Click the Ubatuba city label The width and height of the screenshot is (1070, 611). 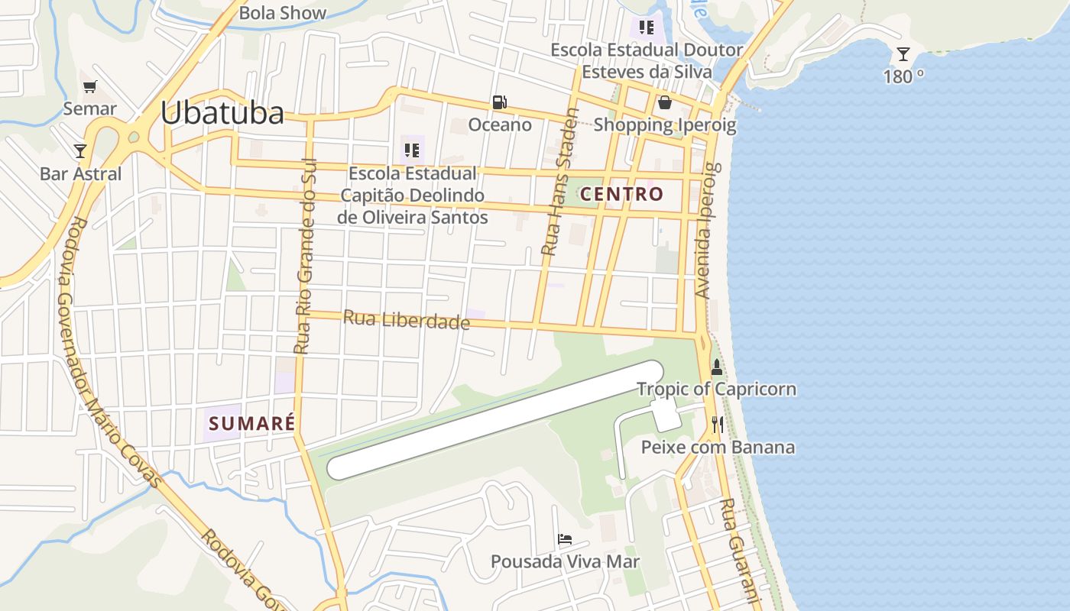tap(222, 113)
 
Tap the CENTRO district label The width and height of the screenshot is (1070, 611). tap(622, 194)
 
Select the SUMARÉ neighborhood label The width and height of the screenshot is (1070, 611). tap(252, 422)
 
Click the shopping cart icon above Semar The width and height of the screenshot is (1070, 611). tap(90, 87)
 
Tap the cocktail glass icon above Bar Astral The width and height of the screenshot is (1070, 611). tap(80, 150)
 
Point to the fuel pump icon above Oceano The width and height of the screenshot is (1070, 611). tap(499, 102)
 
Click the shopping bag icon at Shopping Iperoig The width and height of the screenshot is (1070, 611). tap(665, 102)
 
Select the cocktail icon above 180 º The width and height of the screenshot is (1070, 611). tap(903, 54)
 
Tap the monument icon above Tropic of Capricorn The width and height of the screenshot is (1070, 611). tap(716, 367)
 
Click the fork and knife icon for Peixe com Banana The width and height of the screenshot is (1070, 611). tap(717, 425)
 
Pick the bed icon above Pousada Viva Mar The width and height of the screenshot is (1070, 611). tap(565, 539)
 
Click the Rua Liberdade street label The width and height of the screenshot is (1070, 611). tap(406, 319)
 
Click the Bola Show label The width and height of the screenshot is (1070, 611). tap(282, 12)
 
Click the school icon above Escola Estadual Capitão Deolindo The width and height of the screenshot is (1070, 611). tap(413, 150)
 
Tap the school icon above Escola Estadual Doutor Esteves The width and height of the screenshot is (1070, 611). tap(647, 28)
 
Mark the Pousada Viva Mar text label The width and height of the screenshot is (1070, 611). tap(565, 562)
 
